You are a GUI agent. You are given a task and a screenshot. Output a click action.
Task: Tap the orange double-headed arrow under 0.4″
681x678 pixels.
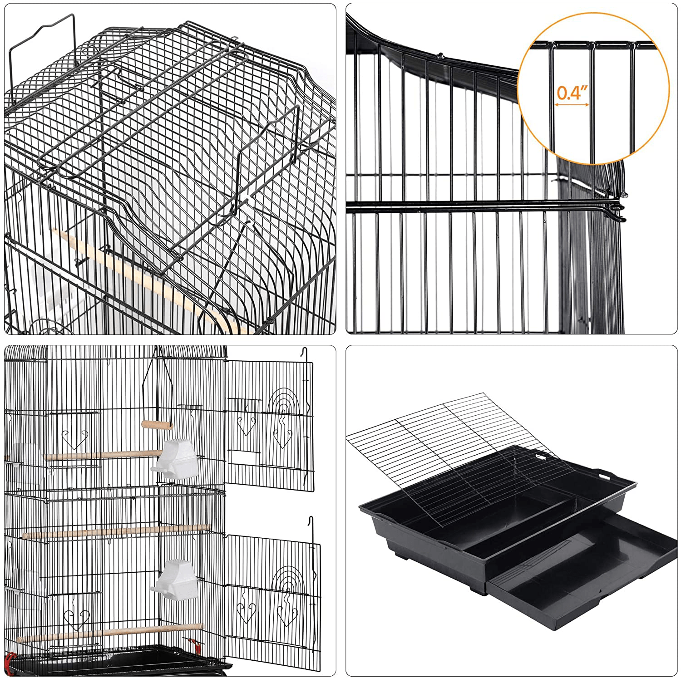click(x=572, y=105)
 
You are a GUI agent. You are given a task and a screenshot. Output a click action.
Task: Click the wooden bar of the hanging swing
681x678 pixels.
click(x=157, y=425)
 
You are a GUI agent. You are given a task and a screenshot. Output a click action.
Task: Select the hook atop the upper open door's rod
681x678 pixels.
click(x=306, y=351)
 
